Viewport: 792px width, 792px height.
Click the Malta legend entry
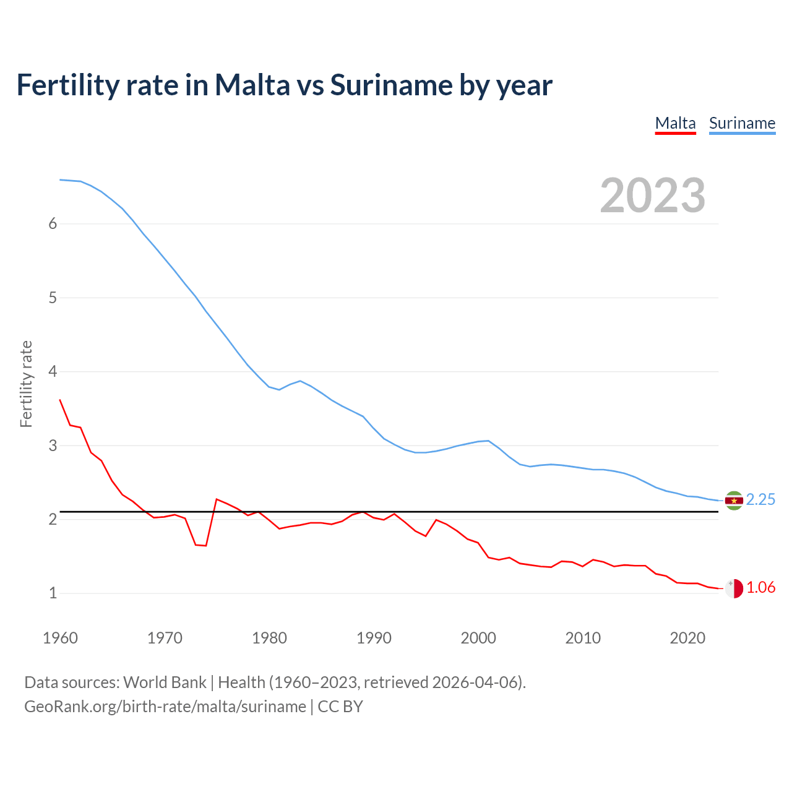tap(675, 123)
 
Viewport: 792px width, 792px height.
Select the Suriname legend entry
tap(742, 123)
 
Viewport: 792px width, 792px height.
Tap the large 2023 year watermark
tap(652, 196)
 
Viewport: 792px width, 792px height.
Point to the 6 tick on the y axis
tap(53, 224)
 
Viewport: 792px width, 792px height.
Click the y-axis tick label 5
tap(53, 298)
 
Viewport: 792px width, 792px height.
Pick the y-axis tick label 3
tap(53, 446)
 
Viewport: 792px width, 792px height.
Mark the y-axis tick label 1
tap(53, 593)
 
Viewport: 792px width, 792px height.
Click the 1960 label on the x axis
tap(60, 638)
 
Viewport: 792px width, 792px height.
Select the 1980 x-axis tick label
tap(269, 638)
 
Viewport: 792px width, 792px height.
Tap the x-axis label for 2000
tap(478, 638)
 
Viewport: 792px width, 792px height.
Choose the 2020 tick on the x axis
tap(687, 638)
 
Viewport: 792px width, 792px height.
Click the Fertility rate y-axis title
tap(26, 384)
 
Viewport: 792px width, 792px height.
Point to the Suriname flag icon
tap(734, 501)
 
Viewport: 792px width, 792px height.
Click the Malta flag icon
tap(734, 588)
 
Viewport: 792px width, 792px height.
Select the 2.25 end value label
tap(760, 500)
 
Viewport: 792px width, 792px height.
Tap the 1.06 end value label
tap(760, 588)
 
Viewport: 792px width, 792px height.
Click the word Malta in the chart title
tap(252, 85)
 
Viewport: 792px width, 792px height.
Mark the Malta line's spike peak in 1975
tap(217, 499)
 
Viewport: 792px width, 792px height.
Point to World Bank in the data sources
tap(165, 682)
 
